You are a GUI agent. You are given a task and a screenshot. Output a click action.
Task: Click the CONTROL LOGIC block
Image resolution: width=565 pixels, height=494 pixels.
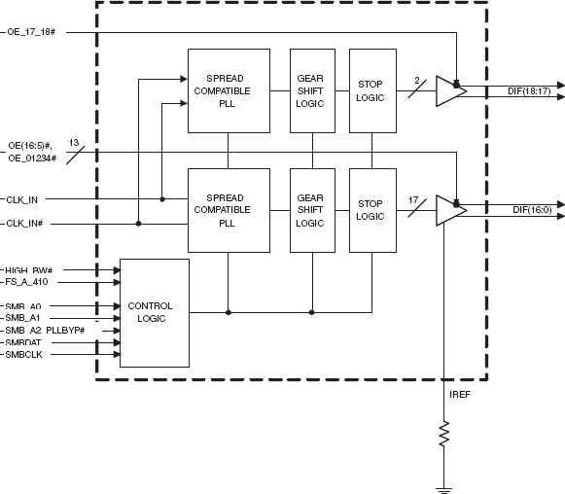(154, 311)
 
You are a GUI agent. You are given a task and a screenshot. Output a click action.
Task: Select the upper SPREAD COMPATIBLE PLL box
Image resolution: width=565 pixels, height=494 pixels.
(229, 90)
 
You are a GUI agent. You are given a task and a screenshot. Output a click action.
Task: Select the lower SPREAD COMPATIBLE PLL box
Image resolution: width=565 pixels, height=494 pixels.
(229, 209)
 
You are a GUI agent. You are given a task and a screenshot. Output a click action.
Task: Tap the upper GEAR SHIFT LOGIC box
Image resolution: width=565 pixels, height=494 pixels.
(311, 90)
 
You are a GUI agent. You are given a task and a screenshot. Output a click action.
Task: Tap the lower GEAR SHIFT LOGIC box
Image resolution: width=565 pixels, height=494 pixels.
(311, 209)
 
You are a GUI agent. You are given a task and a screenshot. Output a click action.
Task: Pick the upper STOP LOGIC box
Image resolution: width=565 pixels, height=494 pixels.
(372, 90)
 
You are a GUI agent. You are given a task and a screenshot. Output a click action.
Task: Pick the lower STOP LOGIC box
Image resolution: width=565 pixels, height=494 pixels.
(372, 209)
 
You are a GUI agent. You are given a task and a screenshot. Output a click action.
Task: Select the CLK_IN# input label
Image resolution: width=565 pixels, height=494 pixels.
(28, 223)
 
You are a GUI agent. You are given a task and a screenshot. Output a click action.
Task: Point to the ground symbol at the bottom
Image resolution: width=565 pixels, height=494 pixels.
(444, 488)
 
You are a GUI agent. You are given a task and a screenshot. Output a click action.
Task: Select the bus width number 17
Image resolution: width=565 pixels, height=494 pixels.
(413, 199)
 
